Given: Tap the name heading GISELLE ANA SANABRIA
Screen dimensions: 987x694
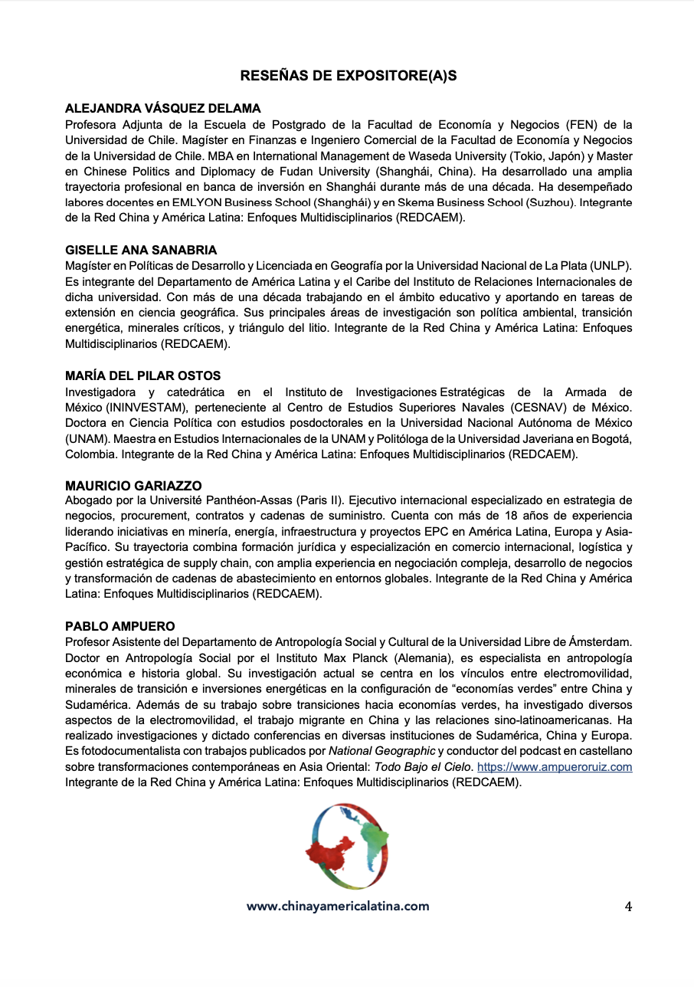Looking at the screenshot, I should tap(141, 250).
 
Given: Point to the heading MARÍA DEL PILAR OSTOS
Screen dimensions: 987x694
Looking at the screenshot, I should tap(143, 375).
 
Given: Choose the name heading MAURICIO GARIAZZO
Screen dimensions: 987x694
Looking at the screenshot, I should tap(133, 485).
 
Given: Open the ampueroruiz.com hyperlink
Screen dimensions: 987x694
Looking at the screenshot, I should tap(555, 766).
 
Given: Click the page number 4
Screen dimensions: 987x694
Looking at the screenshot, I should tap(628, 907).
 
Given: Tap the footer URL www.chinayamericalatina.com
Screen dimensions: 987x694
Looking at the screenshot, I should tap(338, 907).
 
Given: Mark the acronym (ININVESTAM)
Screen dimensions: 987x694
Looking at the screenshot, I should tap(144, 407).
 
